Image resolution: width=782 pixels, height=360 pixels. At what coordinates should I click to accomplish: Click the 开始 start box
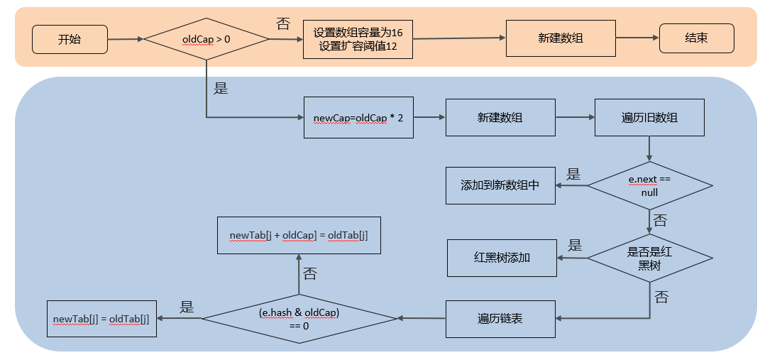(70, 39)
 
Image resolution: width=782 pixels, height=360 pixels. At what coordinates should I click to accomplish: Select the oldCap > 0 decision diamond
(206, 39)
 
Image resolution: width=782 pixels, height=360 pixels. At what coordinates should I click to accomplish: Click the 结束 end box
(695, 38)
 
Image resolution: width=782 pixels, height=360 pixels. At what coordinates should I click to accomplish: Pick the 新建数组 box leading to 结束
(560, 38)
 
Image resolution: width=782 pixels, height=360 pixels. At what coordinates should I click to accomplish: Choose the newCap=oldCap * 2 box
(358, 116)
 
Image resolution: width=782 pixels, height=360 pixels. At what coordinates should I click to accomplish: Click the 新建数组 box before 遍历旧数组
(500, 116)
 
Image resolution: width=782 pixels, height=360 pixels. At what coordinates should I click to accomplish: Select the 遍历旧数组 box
(649, 116)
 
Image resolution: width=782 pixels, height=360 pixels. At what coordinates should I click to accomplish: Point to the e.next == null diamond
(649, 186)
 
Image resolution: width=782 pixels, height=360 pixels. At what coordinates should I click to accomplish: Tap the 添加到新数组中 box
(500, 185)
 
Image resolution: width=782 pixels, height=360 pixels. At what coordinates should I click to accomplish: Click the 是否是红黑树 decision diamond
(649, 258)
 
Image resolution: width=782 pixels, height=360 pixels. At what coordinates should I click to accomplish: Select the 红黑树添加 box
(501, 258)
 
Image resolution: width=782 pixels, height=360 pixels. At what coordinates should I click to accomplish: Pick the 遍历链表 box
(500, 319)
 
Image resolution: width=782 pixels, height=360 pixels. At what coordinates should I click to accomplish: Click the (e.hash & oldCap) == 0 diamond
(299, 319)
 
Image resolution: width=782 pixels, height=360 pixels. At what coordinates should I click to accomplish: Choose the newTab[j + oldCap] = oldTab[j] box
(298, 235)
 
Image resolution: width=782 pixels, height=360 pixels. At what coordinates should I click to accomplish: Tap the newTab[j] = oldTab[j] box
(101, 319)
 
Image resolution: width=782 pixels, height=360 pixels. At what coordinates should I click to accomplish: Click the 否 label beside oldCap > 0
(282, 23)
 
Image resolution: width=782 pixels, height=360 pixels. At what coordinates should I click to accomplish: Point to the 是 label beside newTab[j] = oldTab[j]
(187, 307)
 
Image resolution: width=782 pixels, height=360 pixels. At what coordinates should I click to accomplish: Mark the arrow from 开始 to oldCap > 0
(125, 39)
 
